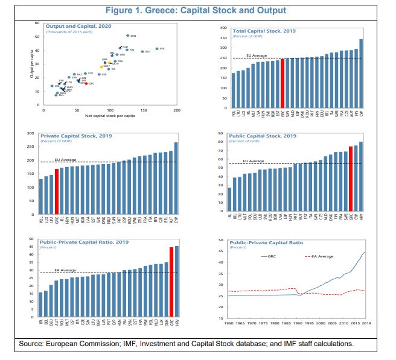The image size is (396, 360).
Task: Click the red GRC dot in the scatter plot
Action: [x=86, y=84]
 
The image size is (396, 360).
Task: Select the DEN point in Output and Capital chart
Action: [x=127, y=36]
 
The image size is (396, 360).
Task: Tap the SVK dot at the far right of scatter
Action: [x=156, y=48]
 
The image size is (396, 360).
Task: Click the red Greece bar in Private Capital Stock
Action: [x=57, y=192]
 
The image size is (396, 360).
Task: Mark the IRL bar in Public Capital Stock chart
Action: [x=229, y=201]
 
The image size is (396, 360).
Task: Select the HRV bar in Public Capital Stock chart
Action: [x=361, y=178]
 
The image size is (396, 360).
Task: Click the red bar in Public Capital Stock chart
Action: [x=351, y=181]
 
